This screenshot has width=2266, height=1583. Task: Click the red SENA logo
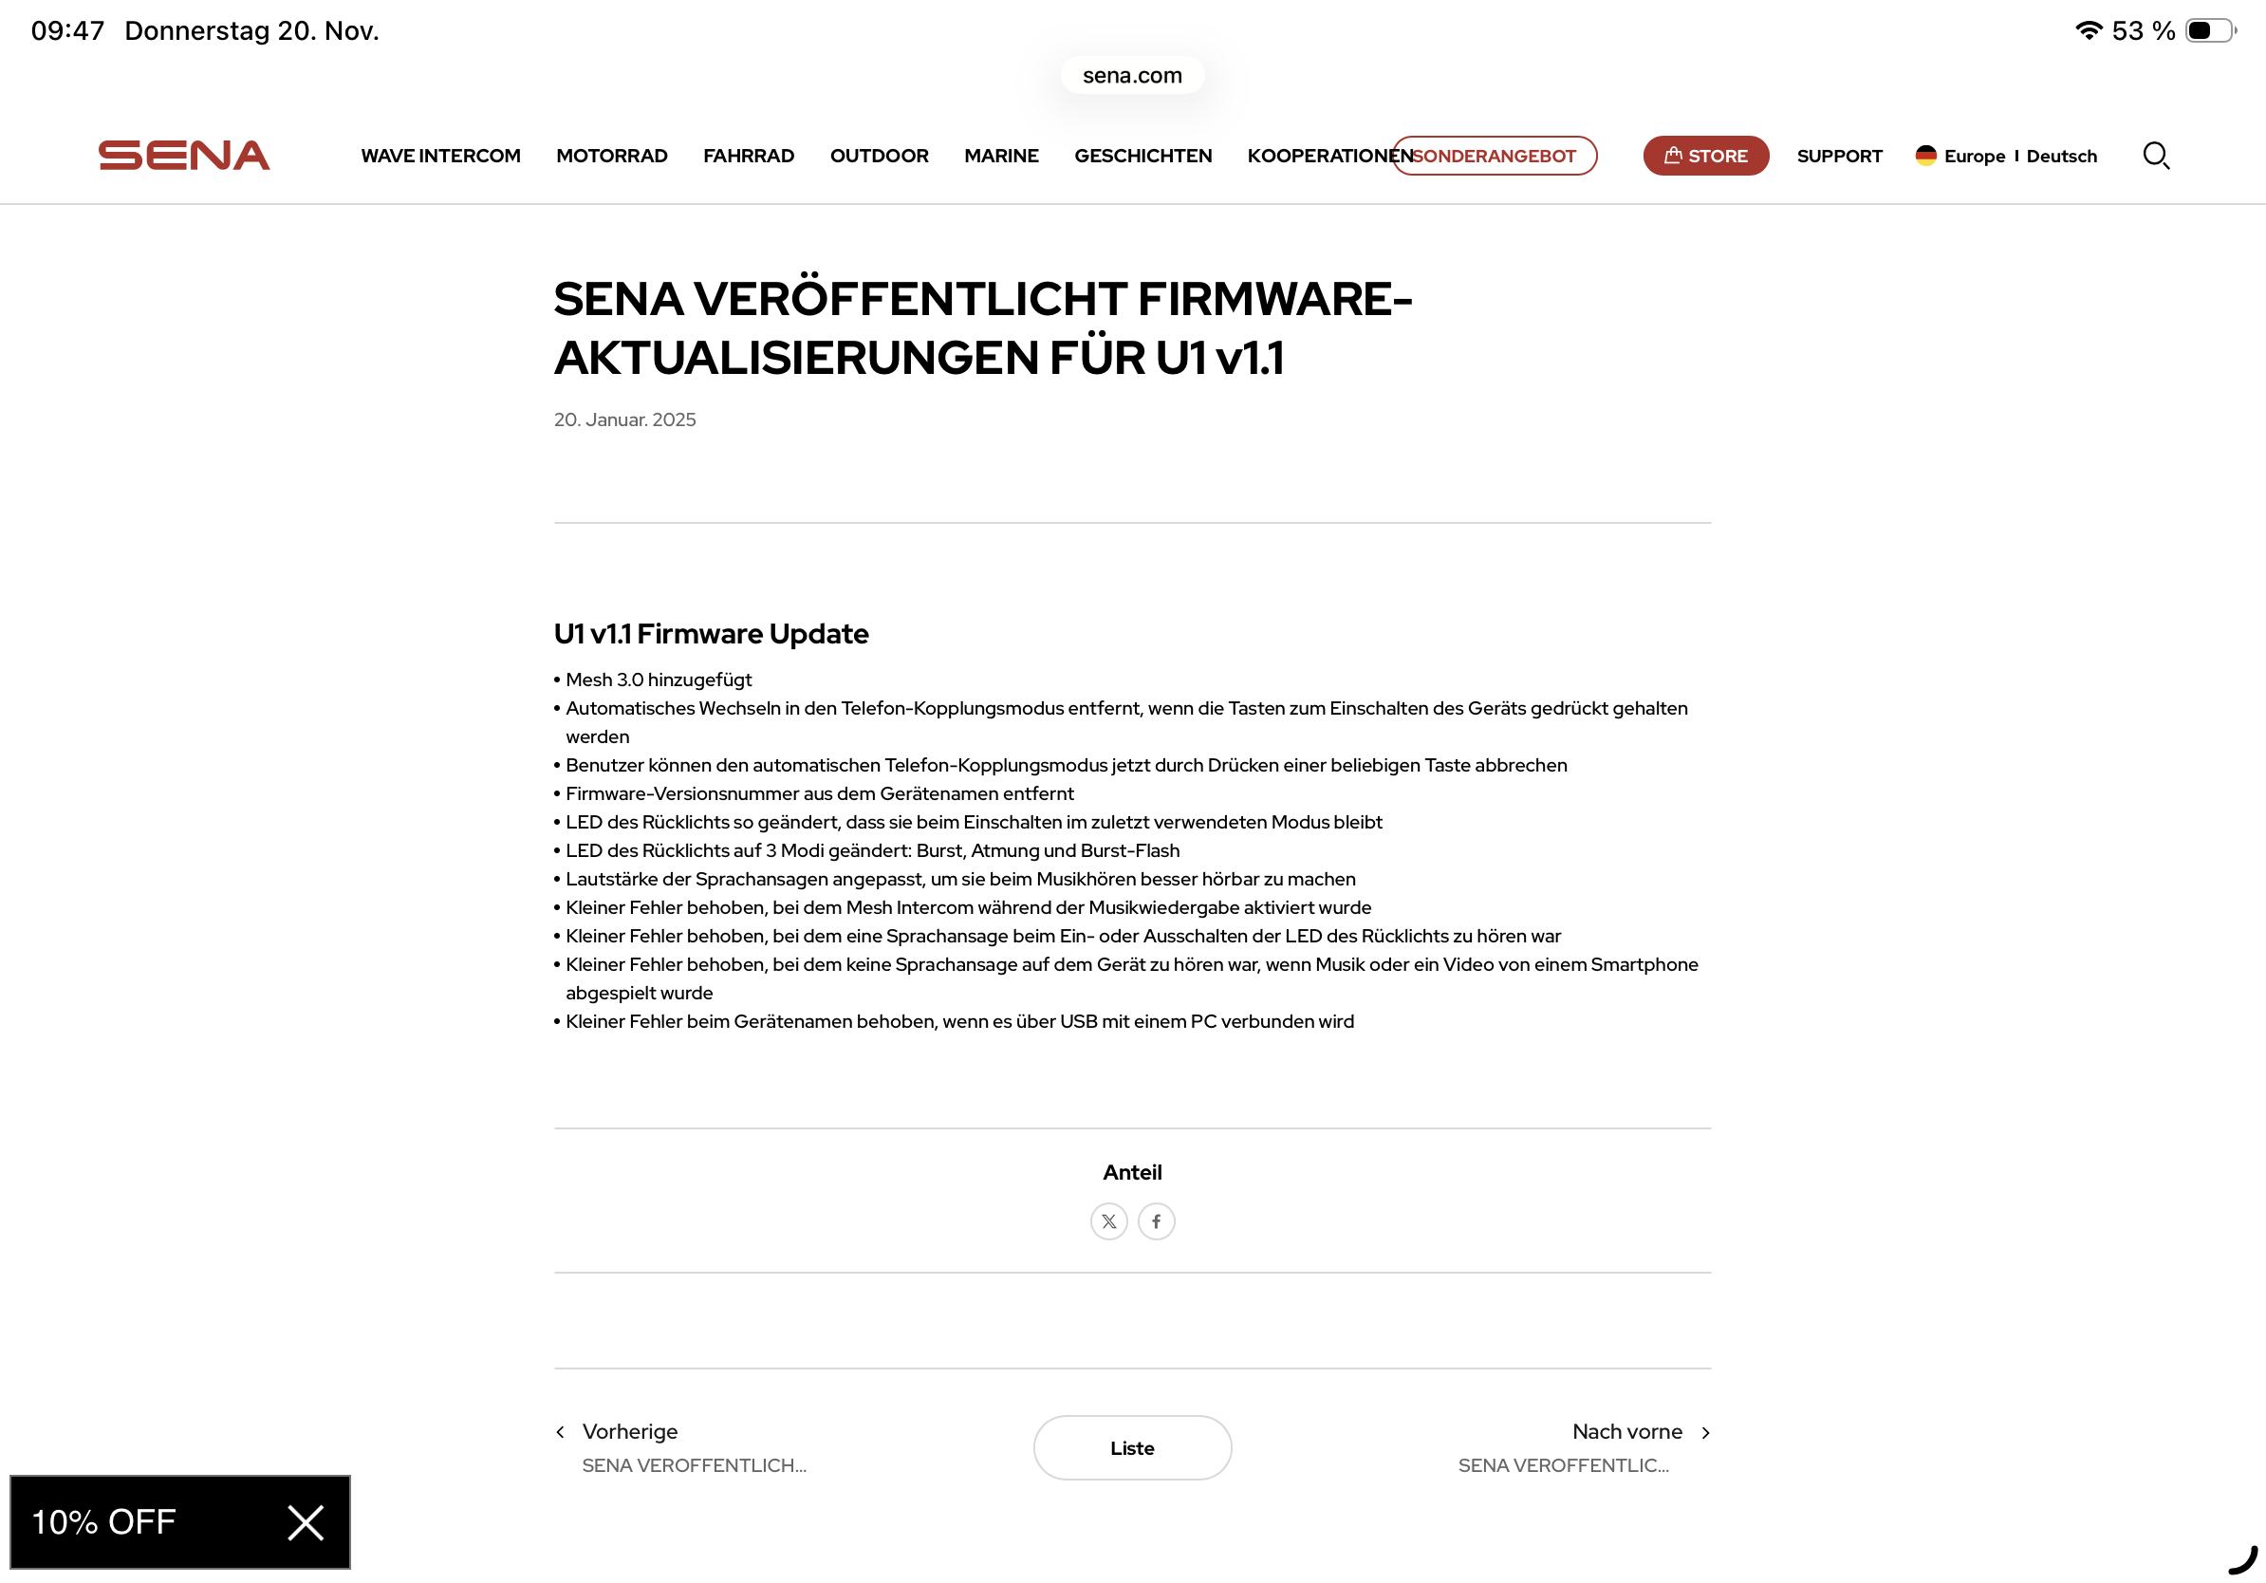pos(183,156)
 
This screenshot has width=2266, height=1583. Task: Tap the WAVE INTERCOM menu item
pos(440,156)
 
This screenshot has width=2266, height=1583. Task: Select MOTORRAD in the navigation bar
pos(611,156)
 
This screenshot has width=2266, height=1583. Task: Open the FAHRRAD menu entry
pos(748,156)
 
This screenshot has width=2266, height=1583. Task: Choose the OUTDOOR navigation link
pos(879,156)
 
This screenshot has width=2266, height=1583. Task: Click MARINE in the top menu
pos(1001,156)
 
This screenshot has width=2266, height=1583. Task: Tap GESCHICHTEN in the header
pos(1142,156)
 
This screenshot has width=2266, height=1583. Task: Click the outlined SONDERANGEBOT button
pos(1495,156)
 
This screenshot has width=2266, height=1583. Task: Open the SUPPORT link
pos(1839,156)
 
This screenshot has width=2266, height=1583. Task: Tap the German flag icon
pos(1924,155)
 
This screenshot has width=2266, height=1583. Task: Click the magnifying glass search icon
pos(2156,156)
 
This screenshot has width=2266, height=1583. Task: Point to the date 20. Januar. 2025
pos(624,419)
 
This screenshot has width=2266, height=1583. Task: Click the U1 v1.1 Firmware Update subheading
pos(711,634)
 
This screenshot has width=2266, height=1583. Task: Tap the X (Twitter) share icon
pos(1108,1221)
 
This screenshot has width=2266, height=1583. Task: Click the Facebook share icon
pos(1156,1221)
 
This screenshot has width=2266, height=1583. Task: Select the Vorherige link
pos(629,1432)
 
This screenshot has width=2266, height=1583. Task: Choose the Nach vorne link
pos(1627,1432)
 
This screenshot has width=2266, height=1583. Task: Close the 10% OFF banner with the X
pos(305,1523)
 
